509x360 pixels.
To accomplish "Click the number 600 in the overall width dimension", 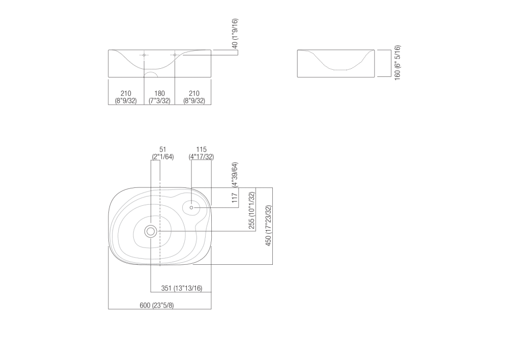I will click(x=145, y=306).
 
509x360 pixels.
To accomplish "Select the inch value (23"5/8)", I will click(x=163, y=306).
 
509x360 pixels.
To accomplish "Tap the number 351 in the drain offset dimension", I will click(x=166, y=288).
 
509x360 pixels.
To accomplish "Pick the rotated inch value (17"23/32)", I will click(x=268, y=215).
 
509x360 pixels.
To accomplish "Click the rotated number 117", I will click(x=235, y=197).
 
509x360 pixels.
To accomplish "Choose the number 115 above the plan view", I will click(x=201, y=149).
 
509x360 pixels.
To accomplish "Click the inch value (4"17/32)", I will click(x=201, y=156).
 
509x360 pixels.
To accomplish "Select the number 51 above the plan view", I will click(x=163, y=149).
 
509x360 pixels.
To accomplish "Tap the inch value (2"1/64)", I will click(x=163, y=156).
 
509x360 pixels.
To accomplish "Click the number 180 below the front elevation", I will click(x=159, y=93).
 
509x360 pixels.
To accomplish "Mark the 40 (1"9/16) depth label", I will click(x=235, y=33).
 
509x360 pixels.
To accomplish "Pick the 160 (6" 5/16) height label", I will click(x=397, y=62).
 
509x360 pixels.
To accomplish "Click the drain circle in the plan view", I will click(x=151, y=231).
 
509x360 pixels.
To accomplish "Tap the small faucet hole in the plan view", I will click(x=191, y=207).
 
